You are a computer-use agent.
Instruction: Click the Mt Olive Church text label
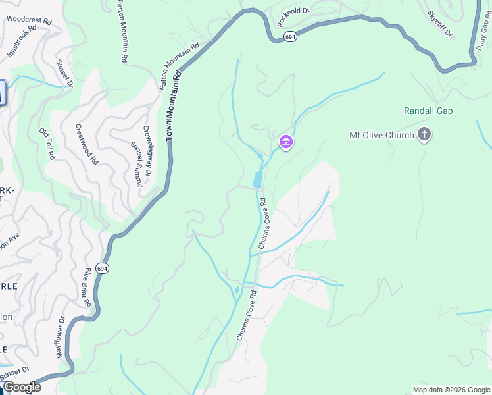coord(381,136)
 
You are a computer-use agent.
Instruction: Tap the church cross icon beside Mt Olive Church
coord(424,136)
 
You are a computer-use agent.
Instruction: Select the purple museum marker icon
coord(285,142)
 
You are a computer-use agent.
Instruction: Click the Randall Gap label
coord(428,111)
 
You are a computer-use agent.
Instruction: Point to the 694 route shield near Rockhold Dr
coord(290,38)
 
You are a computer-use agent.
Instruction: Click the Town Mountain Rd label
coord(172,105)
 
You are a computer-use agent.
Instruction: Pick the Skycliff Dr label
coord(440,24)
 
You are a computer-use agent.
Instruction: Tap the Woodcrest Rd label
coord(29,20)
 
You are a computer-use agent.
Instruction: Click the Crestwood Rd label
coord(87,145)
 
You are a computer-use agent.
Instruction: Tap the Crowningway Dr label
coord(147,151)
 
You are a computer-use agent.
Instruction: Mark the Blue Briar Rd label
coord(87,288)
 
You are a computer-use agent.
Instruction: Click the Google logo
coord(22,387)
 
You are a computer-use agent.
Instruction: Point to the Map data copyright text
coord(451,390)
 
